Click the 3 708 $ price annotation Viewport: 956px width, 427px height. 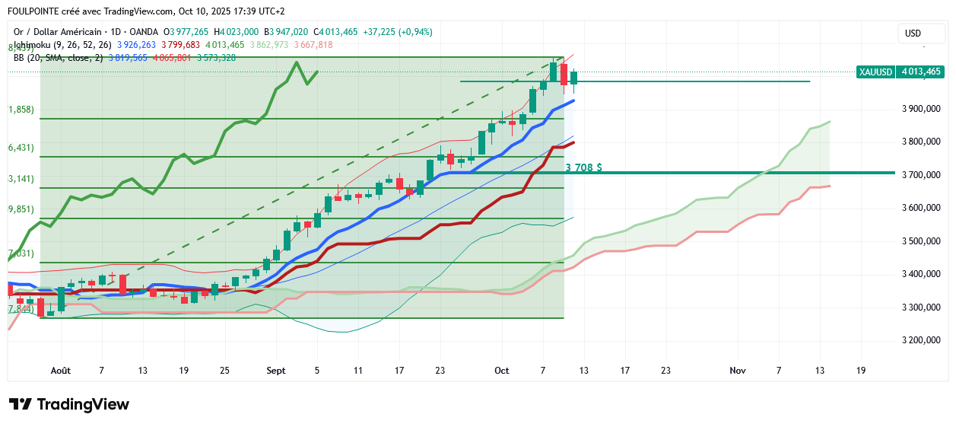coord(583,167)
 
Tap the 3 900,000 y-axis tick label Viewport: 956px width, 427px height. coord(920,109)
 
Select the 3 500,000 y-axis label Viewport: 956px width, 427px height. coord(920,241)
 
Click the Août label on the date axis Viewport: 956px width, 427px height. coord(60,371)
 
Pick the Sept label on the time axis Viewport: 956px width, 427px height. coord(276,371)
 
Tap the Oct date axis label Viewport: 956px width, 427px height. coord(501,371)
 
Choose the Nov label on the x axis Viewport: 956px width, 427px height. coord(737,371)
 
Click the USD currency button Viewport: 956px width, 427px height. coord(913,33)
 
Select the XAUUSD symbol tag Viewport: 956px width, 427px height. coord(875,72)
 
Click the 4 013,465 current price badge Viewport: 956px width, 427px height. coord(921,72)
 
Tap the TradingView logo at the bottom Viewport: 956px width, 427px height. coord(69,404)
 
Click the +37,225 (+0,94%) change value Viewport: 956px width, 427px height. coord(397,32)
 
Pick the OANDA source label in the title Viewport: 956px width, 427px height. coord(143,32)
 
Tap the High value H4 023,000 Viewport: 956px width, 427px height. coord(237,32)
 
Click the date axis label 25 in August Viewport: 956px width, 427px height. coord(224,371)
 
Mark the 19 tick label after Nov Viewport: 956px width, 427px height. coord(861,371)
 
